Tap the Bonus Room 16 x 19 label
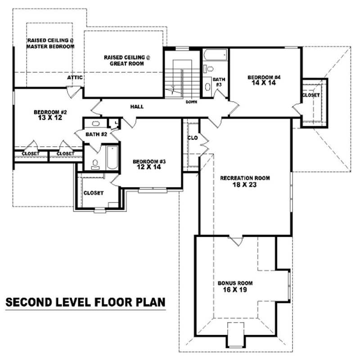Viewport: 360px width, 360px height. coord(235,286)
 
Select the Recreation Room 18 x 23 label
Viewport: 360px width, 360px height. coord(245,181)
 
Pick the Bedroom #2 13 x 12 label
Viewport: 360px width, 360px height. coord(50,115)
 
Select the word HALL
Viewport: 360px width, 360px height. coord(137,107)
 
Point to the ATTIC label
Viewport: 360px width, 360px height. coord(75,77)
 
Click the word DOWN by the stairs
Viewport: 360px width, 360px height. coord(191,102)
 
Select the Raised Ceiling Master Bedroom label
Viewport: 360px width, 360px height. coord(50,43)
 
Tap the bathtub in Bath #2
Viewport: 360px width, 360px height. coord(111,157)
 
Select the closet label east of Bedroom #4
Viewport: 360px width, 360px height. coord(311,95)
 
